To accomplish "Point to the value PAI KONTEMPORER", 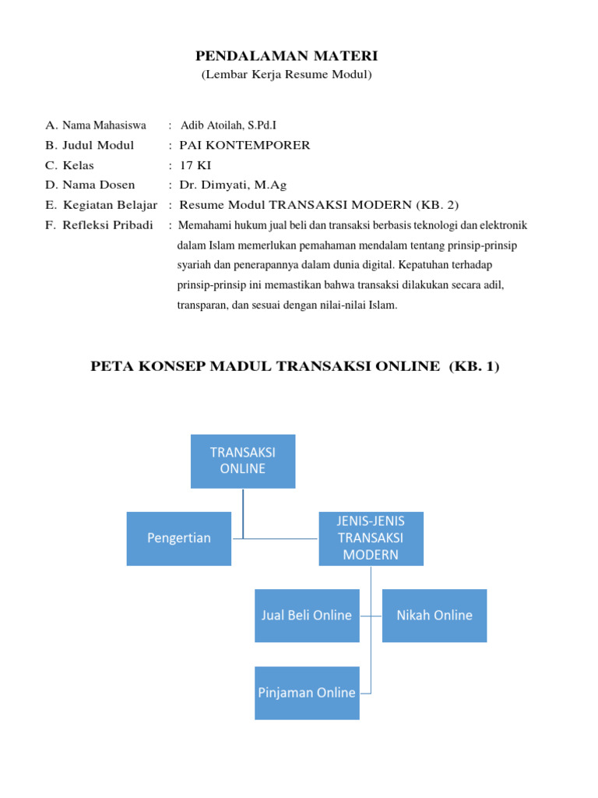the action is point(244,145).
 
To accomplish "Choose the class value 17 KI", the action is point(195,165).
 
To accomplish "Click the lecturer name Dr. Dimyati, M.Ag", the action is point(233,185).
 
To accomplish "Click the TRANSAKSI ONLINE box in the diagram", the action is point(243,461).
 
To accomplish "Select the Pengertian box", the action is point(179,538).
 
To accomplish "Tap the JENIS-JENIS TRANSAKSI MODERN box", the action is point(371,538).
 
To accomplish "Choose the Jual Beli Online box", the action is point(307,616).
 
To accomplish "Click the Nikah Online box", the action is point(434,616).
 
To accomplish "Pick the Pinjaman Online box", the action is point(307,693).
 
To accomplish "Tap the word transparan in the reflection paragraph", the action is point(203,305).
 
